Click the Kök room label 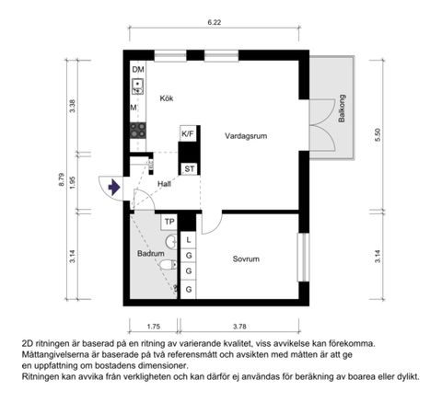[167, 98]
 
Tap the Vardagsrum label [246, 135]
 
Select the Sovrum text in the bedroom [245, 259]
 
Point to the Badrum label [150, 252]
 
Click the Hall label [164, 184]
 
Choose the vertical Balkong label [342, 109]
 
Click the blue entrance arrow [113, 187]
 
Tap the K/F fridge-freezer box [188, 134]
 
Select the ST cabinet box [189, 168]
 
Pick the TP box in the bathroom [169, 222]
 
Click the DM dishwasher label [138, 70]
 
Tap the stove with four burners [138, 131]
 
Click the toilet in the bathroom [166, 266]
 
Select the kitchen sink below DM [138, 87]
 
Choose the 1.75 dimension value [153, 325]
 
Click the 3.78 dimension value [239, 325]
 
